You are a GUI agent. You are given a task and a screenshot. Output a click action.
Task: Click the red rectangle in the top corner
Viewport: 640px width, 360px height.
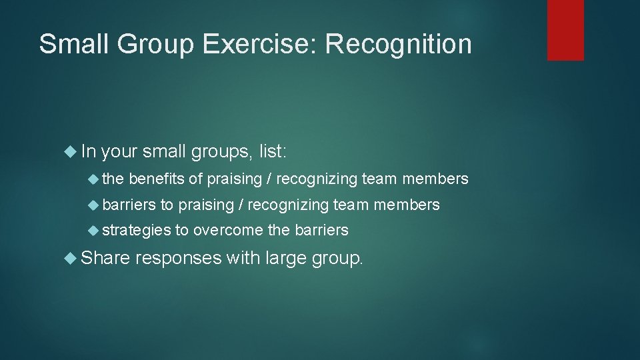click(x=565, y=29)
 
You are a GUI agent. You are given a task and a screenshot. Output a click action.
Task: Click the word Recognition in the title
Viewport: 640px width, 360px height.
click(x=398, y=44)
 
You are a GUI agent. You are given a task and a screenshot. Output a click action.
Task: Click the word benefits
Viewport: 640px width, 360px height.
click(x=157, y=179)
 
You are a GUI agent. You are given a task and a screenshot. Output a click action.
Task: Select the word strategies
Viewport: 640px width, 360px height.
click(x=137, y=231)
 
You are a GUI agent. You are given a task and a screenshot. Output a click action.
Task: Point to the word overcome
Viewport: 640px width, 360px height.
click(x=228, y=231)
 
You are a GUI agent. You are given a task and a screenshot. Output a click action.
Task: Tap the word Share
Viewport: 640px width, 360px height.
click(x=102, y=257)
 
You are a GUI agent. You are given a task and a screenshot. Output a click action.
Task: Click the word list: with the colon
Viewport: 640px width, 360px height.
click(x=272, y=152)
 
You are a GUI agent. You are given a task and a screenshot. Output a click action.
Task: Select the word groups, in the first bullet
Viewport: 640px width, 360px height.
click(x=222, y=153)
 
